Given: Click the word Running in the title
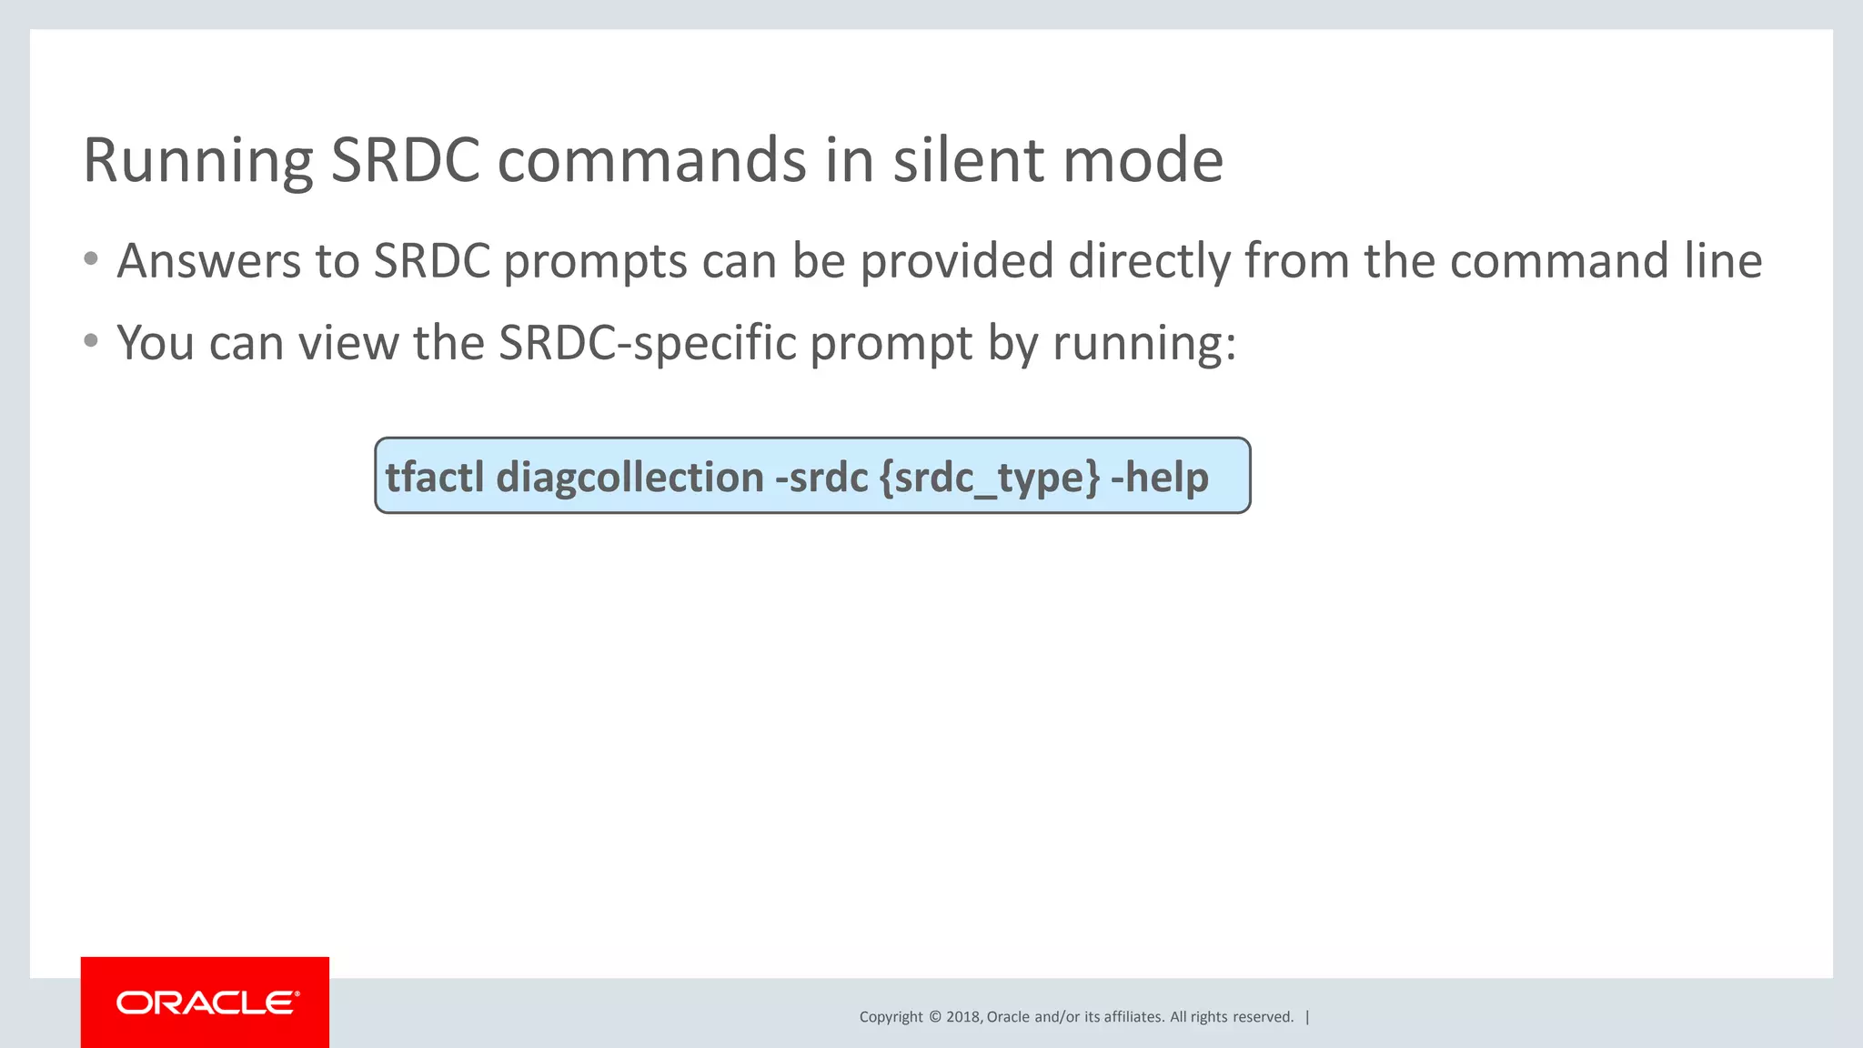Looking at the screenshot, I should click(197, 162).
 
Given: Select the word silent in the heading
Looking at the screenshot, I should click(968, 160).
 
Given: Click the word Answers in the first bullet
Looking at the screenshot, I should click(208, 261).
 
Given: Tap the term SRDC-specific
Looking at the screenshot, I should click(647, 344).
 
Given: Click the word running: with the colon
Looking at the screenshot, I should click(1144, 344).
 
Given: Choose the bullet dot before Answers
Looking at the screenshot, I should click(90, 260).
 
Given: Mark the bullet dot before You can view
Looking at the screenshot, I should click(90, 342).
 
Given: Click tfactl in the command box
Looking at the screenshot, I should click(434, 477).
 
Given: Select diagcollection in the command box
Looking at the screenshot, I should click(629, 477).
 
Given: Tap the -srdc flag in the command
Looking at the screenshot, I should click(821, 477).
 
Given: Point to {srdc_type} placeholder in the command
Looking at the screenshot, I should click(990, 479).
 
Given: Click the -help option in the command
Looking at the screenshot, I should click(1160, 477).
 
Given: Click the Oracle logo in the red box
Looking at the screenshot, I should click(206, 1003).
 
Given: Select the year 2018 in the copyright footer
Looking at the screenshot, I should click(962, 1017).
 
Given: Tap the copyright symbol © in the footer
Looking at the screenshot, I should click(934, 1017).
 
